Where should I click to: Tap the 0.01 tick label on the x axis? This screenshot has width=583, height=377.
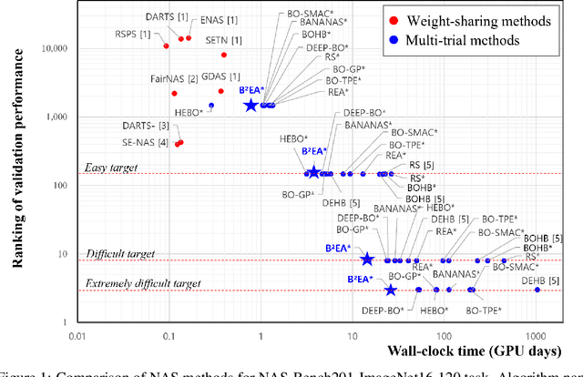78,336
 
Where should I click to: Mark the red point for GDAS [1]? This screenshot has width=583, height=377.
220,91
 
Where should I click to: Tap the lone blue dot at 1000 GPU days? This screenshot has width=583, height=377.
537,290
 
